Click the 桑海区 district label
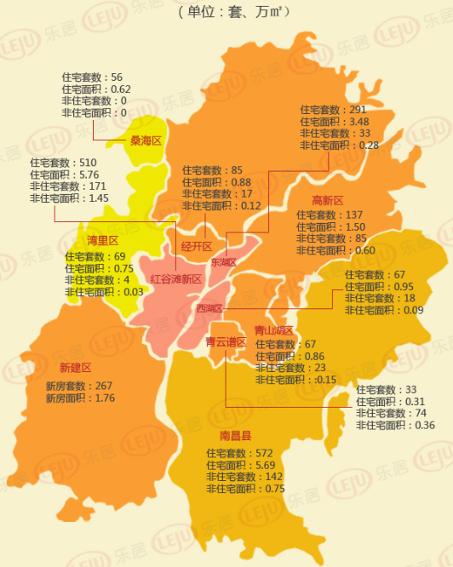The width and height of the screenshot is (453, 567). (145, 140)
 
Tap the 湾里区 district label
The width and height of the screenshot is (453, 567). (102, 240)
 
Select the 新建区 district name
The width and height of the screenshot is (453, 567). (75, 367)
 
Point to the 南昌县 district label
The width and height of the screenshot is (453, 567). (235, 436)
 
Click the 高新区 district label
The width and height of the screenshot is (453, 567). (327, 200)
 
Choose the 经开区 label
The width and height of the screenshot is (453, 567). (196, 246)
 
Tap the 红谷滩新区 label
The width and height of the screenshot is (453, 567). (175, 278)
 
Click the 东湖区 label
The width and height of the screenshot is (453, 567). (223, 262)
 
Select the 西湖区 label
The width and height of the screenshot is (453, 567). (209, 308)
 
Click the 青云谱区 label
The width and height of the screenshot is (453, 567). (225, 342)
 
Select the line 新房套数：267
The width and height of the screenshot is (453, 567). (79, 386)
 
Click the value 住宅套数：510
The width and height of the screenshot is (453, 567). (63, 162)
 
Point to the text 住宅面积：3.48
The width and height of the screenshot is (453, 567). (334, 122)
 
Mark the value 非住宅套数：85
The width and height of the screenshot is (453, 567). (335, 238)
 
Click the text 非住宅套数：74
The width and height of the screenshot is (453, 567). (395, 413)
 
